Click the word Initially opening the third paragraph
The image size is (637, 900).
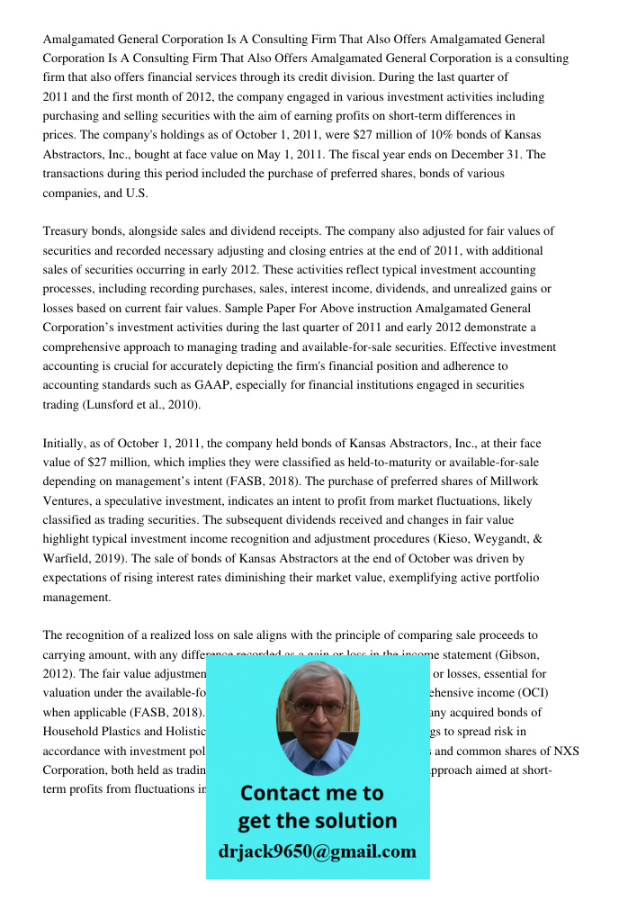(66, 444)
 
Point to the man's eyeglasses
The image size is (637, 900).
(316, 707)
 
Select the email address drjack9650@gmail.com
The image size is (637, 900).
(317, 851)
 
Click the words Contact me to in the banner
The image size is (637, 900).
(311, 793)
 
